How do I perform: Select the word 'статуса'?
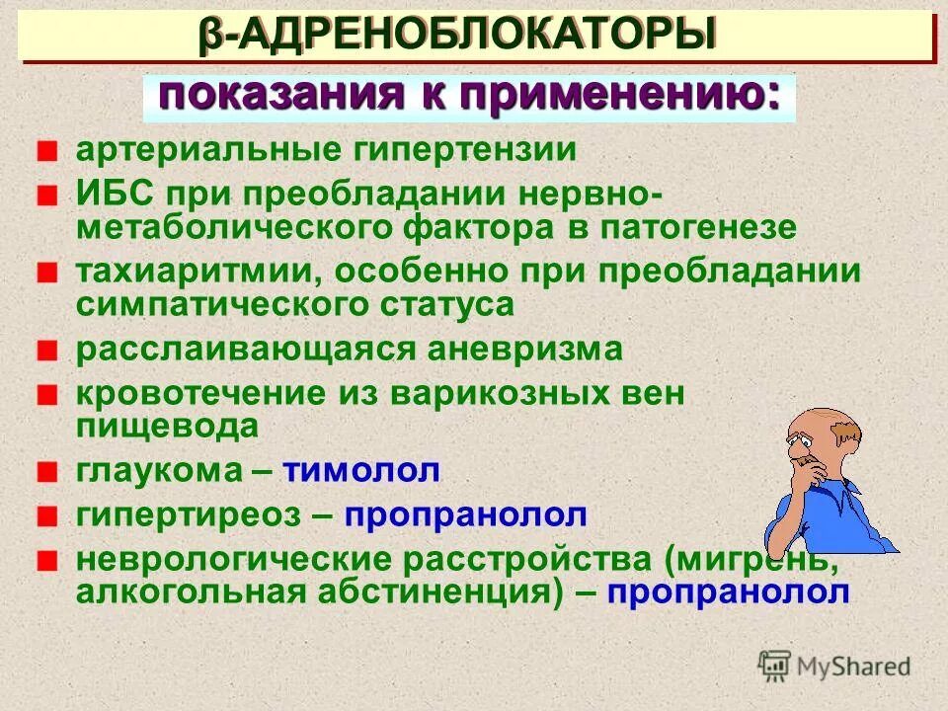point(445,304)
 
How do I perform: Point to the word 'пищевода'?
point(167,427)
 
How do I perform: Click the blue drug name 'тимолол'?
point(361,471)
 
